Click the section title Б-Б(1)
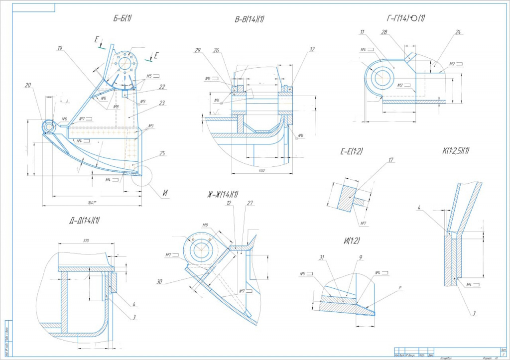(122, 19)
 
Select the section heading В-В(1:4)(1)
(250, 19)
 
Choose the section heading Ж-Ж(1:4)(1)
(224, 194)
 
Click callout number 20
(27, 86)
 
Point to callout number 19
(60, 48)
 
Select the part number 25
(163, 153)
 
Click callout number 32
(312, 49)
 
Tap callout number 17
(391, 160)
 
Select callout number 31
(322, 257)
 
